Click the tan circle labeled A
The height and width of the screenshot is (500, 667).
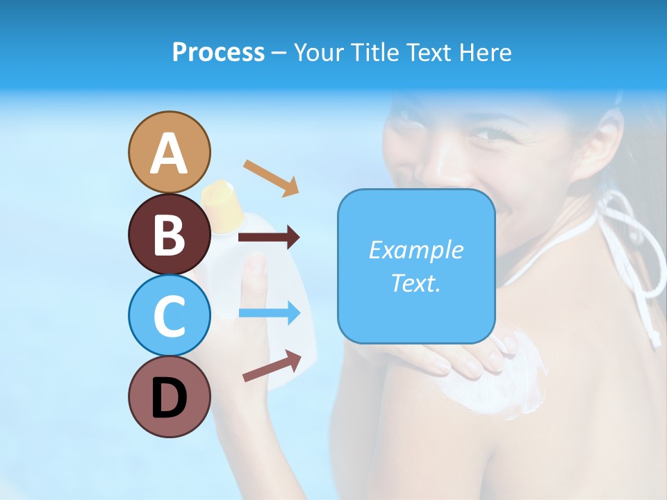pos(170,152)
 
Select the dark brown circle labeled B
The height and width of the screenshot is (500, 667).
pos(170,234)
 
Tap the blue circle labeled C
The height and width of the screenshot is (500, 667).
pos(170,315)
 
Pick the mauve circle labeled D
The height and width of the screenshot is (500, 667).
pos(170,397)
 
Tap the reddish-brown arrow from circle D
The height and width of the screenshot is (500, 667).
pos(272,366)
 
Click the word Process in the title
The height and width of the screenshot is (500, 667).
pos(218,53)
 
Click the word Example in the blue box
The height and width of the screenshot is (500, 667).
pos(415,250)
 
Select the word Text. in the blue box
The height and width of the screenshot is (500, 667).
pos(415,283)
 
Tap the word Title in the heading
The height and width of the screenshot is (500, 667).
pos(371,53)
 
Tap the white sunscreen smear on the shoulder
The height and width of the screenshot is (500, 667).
pos(500,385)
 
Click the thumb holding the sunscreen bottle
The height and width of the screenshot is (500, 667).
pos(256,281)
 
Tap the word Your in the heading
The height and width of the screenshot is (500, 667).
pos(318,53)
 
